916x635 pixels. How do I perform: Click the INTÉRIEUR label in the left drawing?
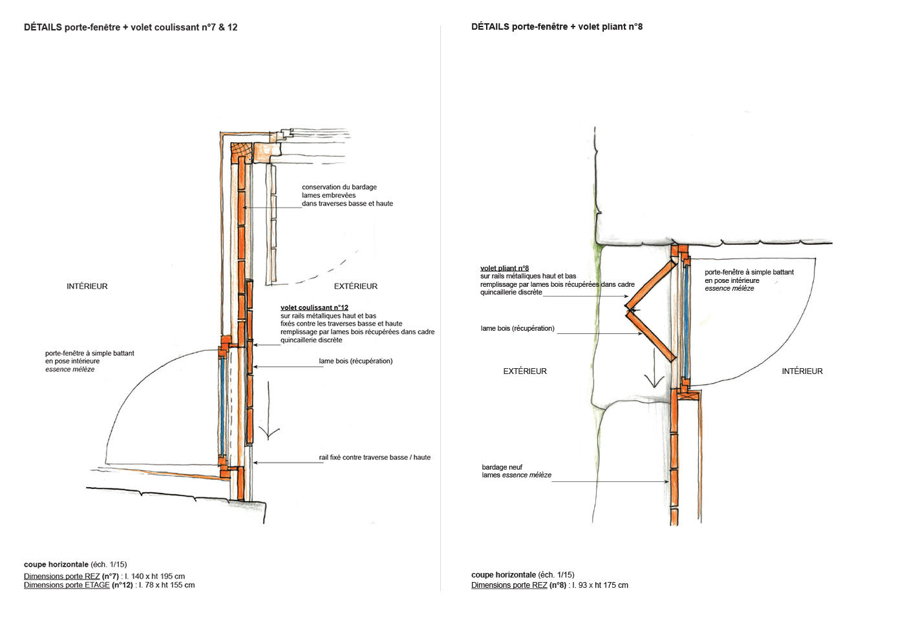tap(87, 286)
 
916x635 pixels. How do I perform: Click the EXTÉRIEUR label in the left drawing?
tap(356, 286)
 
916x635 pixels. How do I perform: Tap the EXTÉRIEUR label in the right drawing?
tap(525, 371)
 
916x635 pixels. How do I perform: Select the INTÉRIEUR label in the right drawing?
tap(802, 371)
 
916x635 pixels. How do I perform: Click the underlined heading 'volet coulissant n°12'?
tap(314, 307)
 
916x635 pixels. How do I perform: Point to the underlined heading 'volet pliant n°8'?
tap(504, 268)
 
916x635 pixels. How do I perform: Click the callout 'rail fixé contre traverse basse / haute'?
tap(374, 457)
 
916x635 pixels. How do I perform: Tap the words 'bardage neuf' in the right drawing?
tap(502, 467)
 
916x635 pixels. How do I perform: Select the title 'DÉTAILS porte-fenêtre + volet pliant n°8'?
tap(557, 26)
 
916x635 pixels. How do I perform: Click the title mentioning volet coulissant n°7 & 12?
tap(131, 27)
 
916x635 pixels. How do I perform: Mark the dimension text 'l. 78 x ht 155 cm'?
tap(167, 585)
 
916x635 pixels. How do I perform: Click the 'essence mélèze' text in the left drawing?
tap(70, 370)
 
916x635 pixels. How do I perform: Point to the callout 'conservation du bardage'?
tap(339, 187)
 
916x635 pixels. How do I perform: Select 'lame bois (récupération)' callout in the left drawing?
tap(356, 361)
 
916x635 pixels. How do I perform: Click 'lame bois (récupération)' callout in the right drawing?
tap(517, 328)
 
